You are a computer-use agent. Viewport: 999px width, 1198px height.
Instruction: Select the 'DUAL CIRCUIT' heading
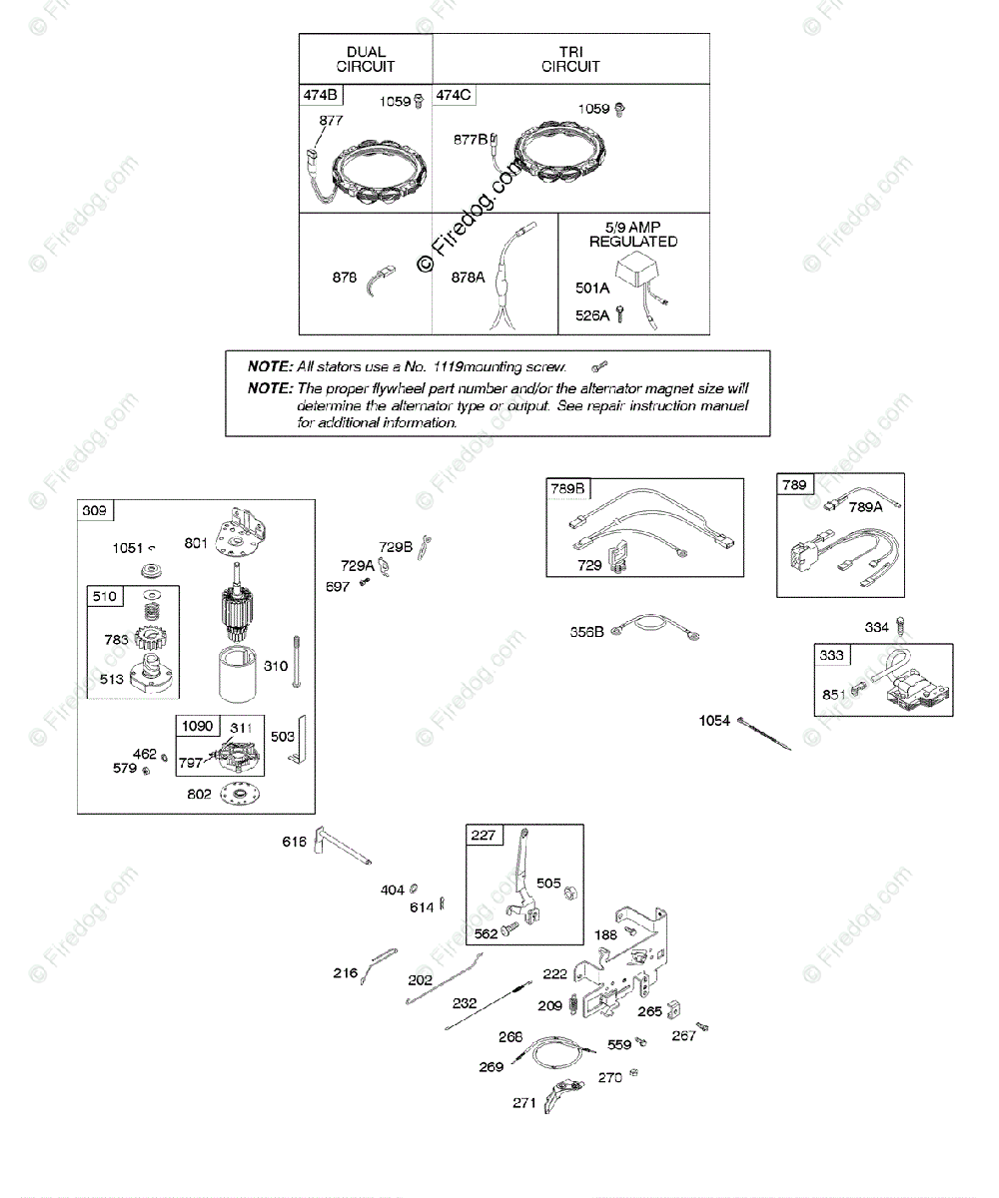(366, 59)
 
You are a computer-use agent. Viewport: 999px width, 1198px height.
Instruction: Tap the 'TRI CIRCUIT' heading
(570, 59)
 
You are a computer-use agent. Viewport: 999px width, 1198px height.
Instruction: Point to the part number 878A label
(468, 279)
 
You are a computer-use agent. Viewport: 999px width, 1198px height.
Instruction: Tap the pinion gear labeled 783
(148, 639)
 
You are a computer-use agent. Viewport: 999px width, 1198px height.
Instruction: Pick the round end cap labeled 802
(238, 795)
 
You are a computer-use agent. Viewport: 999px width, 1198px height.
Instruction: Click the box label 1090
(197, 726)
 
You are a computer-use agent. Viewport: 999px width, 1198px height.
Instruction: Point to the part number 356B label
(587, 631)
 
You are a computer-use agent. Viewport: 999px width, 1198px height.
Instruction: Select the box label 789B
(568, 489)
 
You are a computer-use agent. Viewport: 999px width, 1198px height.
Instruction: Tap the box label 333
(831, 655)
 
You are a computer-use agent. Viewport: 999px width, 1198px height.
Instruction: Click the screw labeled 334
(901, 627)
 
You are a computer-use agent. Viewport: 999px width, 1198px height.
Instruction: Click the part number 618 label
(294, 843)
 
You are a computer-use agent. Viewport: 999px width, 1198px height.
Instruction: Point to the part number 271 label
(525, 1103)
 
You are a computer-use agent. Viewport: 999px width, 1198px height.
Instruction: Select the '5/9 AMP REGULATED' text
(633, 235)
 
